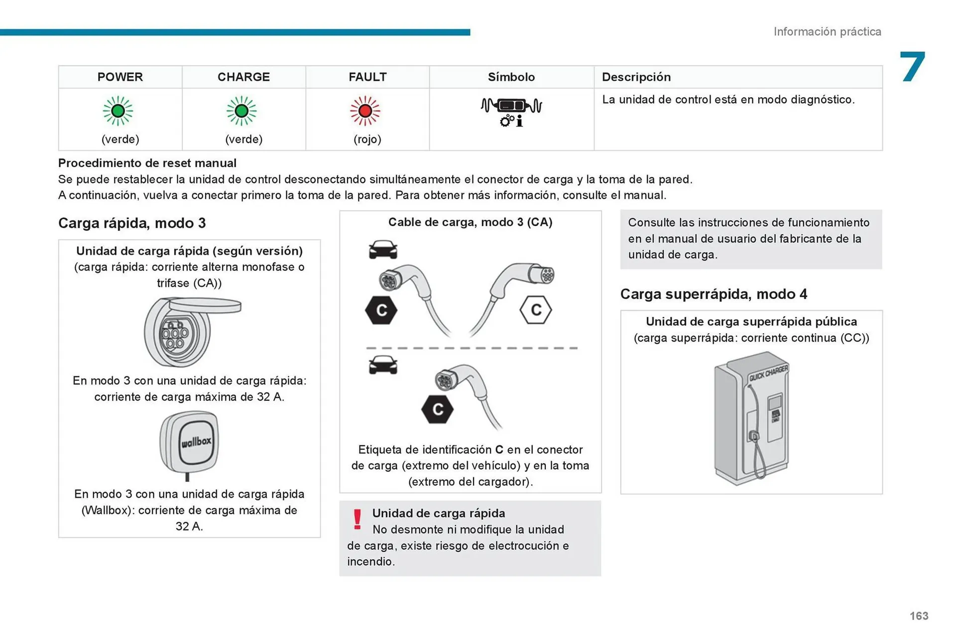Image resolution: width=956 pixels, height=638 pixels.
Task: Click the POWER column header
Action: (x=120, y=77)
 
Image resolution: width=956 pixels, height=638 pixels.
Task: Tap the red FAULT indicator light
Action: (x=365, y=111)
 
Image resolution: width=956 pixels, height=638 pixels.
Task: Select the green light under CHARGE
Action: (x=241, y=111)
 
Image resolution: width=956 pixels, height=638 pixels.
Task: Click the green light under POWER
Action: (x=118, y=111)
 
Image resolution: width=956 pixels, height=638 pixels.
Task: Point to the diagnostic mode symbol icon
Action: (x=511, y=112)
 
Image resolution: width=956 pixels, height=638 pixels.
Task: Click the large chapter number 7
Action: (x=912, y=67)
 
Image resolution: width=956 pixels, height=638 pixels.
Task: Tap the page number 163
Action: (x=919, y=616)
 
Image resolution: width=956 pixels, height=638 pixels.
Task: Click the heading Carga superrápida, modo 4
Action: (x=714, y=294)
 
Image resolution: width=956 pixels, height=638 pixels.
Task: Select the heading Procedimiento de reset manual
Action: (x=147, y=163)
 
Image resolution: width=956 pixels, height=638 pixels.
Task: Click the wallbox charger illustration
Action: (x=189, y=443)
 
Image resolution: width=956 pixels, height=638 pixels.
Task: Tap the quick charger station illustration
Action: (x=751, y=418)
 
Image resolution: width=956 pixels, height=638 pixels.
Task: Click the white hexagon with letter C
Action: (x=535, y=310)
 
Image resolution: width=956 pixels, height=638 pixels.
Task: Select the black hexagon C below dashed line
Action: (x=437, y=409)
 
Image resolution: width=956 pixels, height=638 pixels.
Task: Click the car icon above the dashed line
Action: (x=383, y=250)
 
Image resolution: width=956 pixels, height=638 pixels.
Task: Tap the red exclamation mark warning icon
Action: (x=357, y=519)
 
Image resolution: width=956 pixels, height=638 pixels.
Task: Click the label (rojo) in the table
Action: (x=367, y=139)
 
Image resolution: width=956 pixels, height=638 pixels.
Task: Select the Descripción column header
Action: (x=636, y=77)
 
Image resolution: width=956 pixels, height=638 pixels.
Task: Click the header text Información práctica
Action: (x=827, y=32)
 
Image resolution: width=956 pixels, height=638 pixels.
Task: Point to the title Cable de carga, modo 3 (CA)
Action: (x=470, y=222)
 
